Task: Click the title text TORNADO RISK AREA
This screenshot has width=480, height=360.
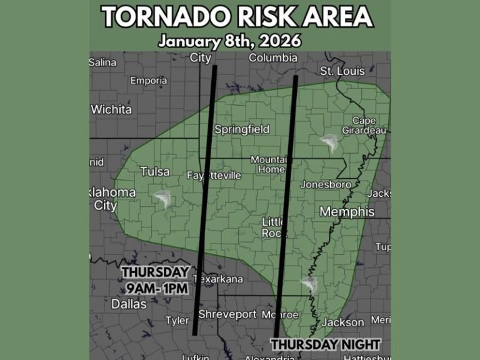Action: click(238, 17)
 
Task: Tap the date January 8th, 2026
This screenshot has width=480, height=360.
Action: click(229, 42)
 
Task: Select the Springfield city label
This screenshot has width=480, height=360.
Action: click(242, 129)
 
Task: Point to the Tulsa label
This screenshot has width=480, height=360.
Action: click(155, 171)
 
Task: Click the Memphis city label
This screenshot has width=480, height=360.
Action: click(347, 212)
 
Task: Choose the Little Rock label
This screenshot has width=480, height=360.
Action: click(273, 227)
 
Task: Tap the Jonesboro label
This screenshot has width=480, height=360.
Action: click(326, 184)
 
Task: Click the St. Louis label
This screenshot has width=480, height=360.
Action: click(342, 71)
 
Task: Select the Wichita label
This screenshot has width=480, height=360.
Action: click(111, 109)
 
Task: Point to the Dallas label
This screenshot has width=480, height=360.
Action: click(129, 304)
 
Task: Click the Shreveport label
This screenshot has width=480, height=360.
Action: click(227, 314)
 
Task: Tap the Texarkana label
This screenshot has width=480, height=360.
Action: click(219, 279)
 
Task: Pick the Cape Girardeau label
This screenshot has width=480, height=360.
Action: click(364, 125)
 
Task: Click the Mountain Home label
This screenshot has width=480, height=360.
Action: click(268, 164)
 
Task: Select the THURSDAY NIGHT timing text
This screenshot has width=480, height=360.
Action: click(325, 344)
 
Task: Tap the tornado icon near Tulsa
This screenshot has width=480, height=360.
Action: click(163, 199)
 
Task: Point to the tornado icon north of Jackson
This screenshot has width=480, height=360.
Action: click(309, 285)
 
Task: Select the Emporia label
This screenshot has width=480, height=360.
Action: click(148, 81)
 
